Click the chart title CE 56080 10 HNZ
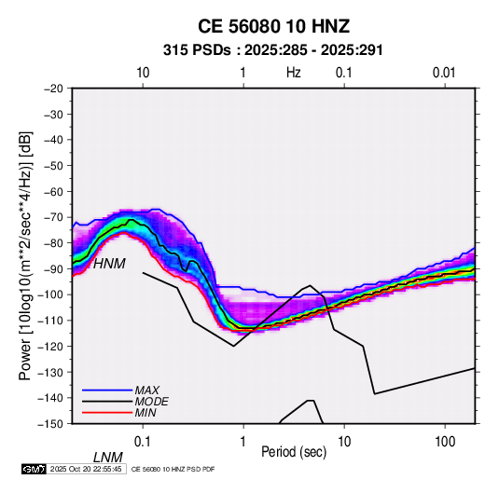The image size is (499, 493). tap(273, 26)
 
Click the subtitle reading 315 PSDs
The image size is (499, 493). tap(197, 50)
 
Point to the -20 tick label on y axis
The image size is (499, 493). tap(53, 89)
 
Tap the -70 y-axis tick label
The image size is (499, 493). tap(53, 217)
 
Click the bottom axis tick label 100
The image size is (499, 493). tap(445, 442)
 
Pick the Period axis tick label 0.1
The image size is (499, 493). tap(143, 442)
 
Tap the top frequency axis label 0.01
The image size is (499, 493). tap(444, 73)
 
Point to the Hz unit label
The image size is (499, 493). tap(294, 73)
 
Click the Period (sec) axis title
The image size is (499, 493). tap(294, 452)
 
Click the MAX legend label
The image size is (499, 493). tap(146, 390)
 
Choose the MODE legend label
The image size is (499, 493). tap(151, 402)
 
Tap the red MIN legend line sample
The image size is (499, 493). tap(107, 413)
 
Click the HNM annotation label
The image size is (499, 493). tap(109, 264)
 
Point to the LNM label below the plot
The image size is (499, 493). tap(108, 458)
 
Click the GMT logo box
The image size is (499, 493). tap(34, 469)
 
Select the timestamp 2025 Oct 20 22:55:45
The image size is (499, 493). tap(86, 469)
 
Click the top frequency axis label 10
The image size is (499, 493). tap(143, 73)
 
